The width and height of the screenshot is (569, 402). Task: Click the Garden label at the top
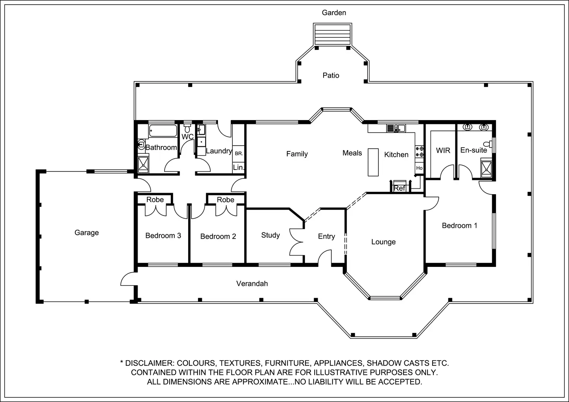(334, 13)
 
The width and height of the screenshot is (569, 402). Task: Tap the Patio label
(331, 75)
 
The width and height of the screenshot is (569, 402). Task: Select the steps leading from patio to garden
(332, 34)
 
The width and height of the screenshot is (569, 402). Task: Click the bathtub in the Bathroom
(163, 131)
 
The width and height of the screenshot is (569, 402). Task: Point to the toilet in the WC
(187, 128)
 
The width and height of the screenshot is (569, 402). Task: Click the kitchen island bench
(373, 162)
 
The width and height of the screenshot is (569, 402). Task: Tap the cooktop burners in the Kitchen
(419, 151)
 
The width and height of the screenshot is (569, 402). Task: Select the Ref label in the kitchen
(399, 188)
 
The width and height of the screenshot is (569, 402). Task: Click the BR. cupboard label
(239, 154)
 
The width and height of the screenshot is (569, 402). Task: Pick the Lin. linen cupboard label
(239, 167)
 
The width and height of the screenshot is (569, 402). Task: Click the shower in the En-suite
(486, 169)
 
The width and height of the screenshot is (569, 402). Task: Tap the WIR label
(443, 151)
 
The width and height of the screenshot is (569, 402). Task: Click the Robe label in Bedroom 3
(155, 200)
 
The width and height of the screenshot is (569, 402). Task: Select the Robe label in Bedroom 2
(225, 200)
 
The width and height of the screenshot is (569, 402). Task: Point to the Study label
(271, 235)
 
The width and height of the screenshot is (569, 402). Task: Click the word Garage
(87, 233)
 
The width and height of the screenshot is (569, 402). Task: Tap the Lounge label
(383, 242)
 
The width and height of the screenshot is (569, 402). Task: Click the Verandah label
(252, 283)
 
